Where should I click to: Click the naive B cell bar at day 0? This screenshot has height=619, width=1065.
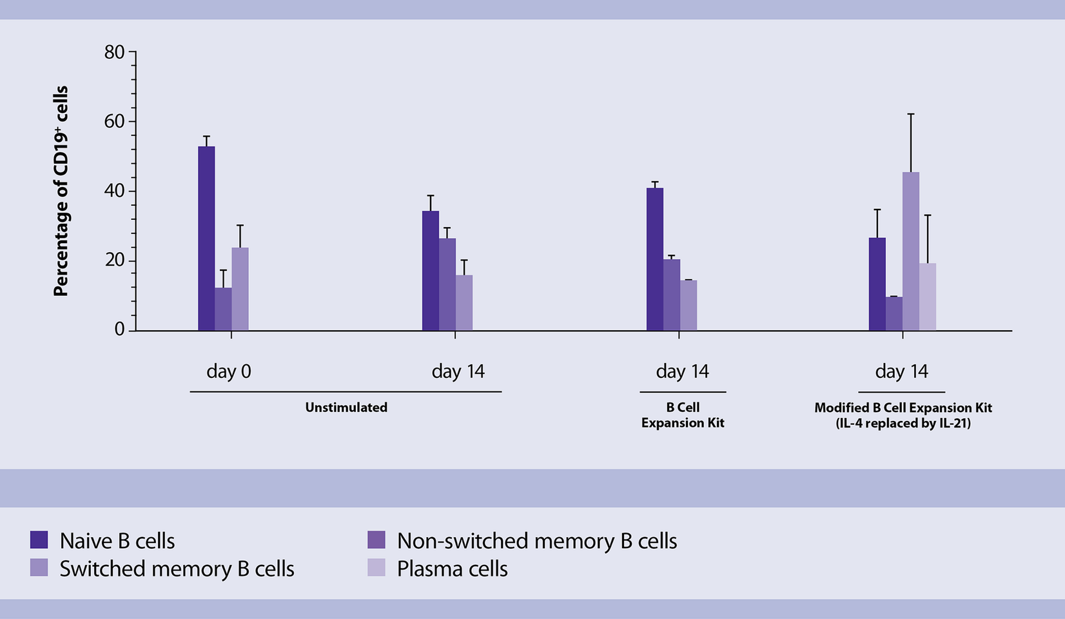pyautogui.click(x=206, y=239)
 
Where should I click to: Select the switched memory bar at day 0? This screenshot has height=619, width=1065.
pyautogui.click(x=240, y=289)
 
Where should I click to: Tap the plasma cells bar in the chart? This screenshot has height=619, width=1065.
pyautogui.click(x=927, y=297)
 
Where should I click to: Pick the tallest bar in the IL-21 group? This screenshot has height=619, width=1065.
pyautogui.click(x=910, y=251)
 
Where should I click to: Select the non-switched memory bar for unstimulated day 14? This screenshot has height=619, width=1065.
pyautogui.click(x=447, y=284)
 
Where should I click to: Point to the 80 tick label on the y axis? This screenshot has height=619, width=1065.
pyautogui.click(x=114, y=52)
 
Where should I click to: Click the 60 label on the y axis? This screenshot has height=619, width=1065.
pyautogui.click(x=114, y=122)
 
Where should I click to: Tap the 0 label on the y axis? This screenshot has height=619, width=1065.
pyautogui.click(x=119, y=329)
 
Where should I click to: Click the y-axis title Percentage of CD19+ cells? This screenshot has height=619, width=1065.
pyautogui.click(x=61, y=191)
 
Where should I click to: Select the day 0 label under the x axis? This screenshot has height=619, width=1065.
pyautogui.click(x=228, y=371)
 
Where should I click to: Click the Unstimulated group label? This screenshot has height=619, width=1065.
pyautogui.click(x=346, y=408)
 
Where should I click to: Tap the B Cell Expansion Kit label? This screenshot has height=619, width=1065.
pyautogui.click(x=683, y=415)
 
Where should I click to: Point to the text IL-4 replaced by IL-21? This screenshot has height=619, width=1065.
pyautogui.click(x=903, y=424)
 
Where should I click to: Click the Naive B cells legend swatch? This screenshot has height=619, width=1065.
pyautogui.click(x=39, y=540)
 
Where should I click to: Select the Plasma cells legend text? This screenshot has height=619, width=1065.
pyautogui.click(x=452, y=569)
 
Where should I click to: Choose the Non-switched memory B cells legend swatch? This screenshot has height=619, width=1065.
pyautogui.click(x=376, y=540)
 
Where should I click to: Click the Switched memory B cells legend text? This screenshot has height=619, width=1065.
pyautogui.click(x=177, y=569)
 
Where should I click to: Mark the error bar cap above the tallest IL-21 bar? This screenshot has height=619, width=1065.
pyautogui.click(x=910, y=114)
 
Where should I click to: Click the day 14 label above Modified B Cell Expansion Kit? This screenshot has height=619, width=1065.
pyautogui.click(x=901, y=371)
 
